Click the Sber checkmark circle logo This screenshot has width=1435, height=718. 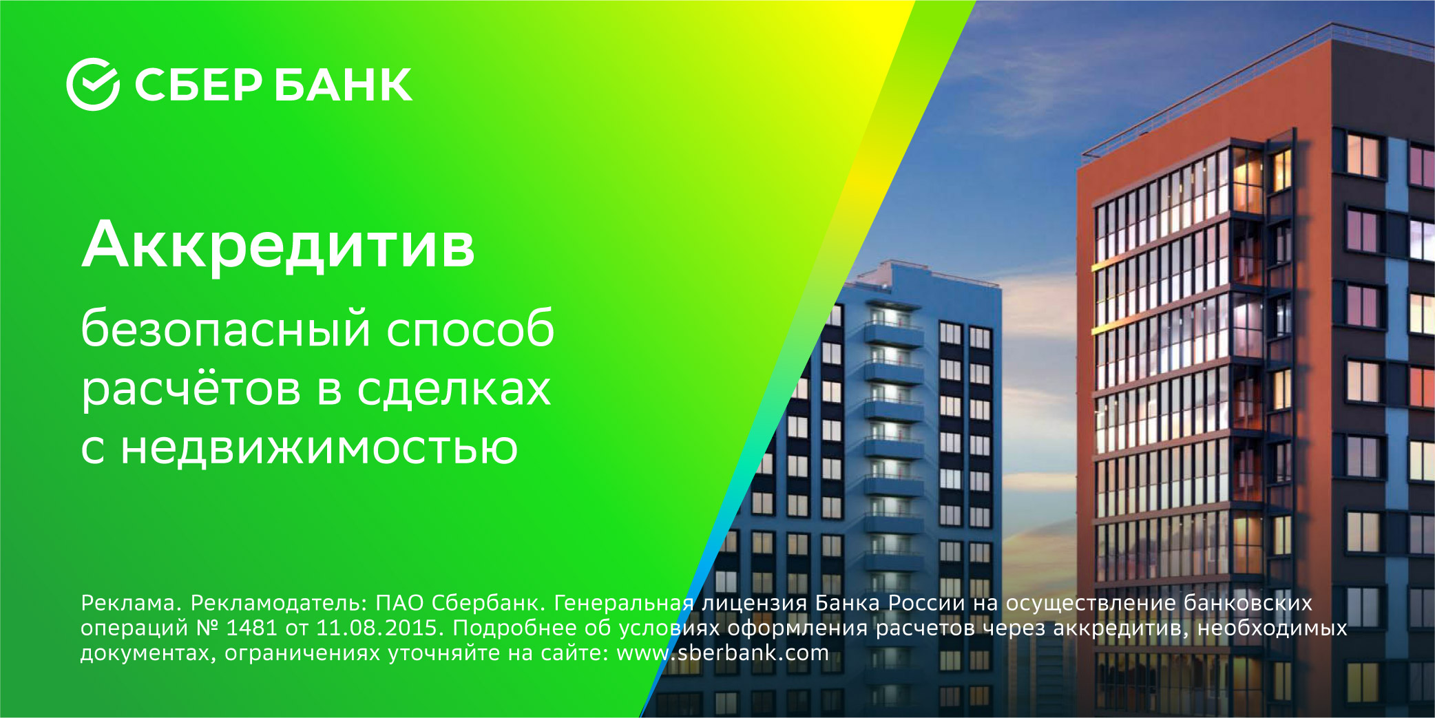[x=93, y=85]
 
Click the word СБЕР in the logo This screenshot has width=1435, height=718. [x=198, y=85]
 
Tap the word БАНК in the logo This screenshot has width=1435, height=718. [x=344, y=85]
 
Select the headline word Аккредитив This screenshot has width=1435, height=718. [x=278, y=246]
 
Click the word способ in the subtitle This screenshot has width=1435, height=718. [x=470, y=329]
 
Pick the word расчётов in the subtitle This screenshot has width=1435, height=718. [x=191, y=389]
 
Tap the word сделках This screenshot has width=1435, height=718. [x=454, y=389]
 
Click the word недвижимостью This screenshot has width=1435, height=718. [x=320, y=448]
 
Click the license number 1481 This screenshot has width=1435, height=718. [x=251, y=628]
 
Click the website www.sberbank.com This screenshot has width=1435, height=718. [x=722, y=653]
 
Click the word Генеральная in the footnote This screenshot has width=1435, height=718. [x=624, y=603]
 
